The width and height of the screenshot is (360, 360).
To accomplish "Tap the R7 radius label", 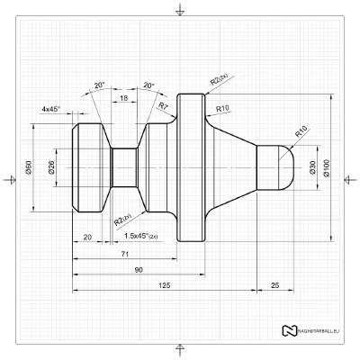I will coord(164,106).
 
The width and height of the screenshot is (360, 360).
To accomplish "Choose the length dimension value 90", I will coord(138,270).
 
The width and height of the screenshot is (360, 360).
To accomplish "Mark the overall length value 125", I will coord(164,285).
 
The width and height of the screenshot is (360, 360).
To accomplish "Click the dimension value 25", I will coord(274,285).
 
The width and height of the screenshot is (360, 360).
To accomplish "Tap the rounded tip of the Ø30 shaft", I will coord(285,167).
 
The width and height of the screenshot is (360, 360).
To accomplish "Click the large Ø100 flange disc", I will coord(192,167).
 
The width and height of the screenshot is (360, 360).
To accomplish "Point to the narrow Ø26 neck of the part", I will coord(124,167).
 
